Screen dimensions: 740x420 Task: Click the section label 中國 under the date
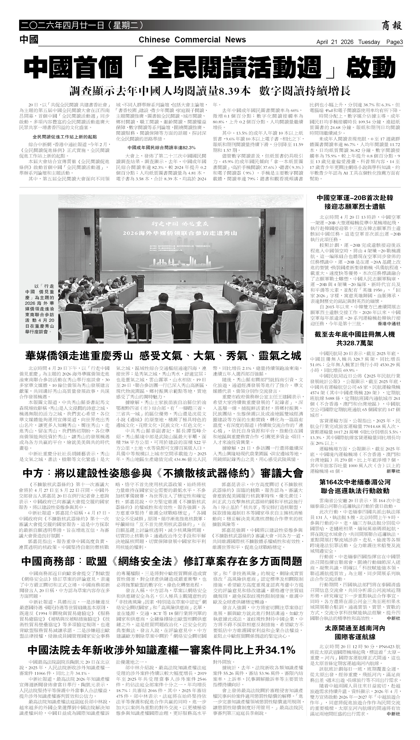tap(29, 39)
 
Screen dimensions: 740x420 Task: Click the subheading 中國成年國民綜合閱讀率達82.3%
tap(161, 148)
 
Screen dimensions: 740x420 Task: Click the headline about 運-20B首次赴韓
tap(355, 202)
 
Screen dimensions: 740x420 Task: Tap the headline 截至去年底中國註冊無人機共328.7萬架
tap(355, 339)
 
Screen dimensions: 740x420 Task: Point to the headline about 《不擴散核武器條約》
tap(163, 473)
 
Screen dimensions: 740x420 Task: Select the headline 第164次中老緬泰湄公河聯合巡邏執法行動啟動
tap(355, 486)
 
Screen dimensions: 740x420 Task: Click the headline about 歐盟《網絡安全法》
tap(162, 561)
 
